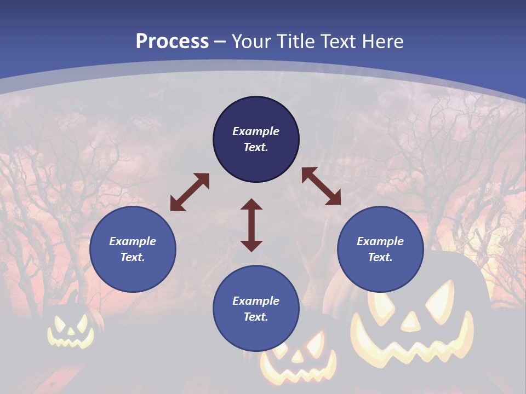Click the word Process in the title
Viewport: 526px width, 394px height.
click(172, 42)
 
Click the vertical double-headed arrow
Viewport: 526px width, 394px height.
click(251, 225)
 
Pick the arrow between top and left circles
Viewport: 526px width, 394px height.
click(190, 192)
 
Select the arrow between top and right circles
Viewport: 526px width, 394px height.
click(321, 186)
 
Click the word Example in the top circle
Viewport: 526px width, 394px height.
click(256, 131)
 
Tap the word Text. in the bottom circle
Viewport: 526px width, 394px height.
click(256, 317)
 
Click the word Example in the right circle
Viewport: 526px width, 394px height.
click(380, 241)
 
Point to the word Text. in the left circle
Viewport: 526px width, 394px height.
click(133, 257)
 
